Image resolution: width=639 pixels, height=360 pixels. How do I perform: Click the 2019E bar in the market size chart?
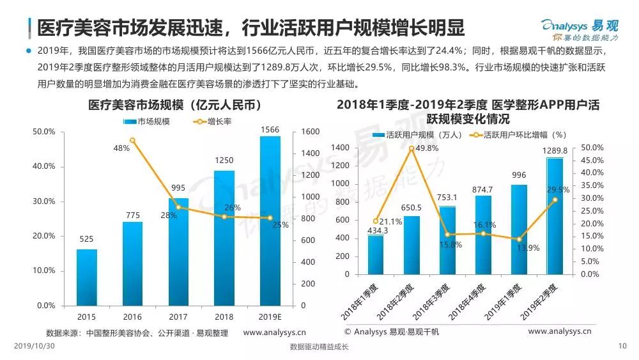[x=270, y=221]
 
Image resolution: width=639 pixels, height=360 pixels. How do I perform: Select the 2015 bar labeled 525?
[x=86, y=277]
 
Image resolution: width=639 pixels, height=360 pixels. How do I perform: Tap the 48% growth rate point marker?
[x=132, y=140]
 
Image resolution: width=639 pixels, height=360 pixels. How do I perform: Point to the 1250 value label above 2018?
[x=224, y=160]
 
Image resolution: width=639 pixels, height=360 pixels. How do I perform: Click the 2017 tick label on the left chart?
[x=178, y=317]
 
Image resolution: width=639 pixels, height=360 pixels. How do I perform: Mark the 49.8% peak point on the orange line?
[x=412, y=148]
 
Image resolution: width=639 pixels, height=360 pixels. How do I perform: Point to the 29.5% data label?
[x=560, y=190]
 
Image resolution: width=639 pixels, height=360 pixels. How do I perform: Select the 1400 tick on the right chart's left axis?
[x=341, y=148]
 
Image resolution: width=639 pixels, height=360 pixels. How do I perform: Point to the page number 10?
[x=624, y=347]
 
